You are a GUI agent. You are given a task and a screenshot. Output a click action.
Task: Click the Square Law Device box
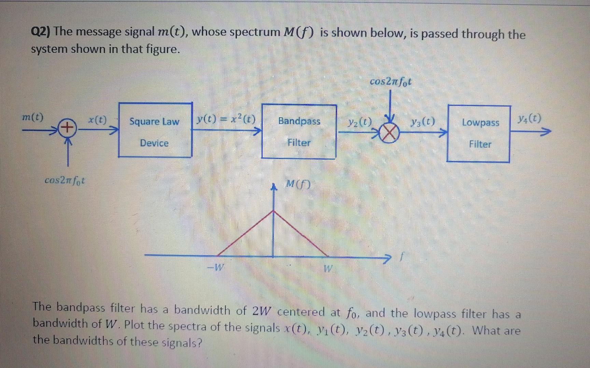pyautogui.click(x=155, y=131)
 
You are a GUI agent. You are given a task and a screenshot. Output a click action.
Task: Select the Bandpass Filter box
pyautogui.click(x=299, y=132)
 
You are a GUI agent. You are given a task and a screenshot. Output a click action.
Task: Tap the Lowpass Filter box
pyautogui.click(x=479, y=134)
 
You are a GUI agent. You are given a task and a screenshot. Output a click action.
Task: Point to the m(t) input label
pyautogui.click(x=32, y=118)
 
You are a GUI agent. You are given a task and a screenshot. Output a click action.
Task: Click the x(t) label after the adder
pyautogui.click(x=97, y=120)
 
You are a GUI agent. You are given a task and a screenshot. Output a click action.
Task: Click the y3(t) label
pyautogui.click(x=423, y=121)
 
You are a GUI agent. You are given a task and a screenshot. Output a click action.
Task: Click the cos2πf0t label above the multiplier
pyautogui.click(x=391, y=81)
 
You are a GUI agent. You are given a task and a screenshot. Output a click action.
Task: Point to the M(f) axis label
pyautogui.click(x=298, y=185)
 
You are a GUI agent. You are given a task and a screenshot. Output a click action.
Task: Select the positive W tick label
pyautogui.click(x=328, y=269)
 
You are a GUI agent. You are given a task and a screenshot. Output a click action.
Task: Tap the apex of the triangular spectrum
pyautogui.click(x=273, y=211)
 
